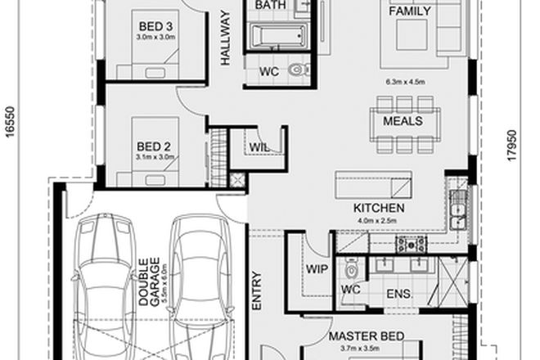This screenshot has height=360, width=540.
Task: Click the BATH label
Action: (270, 6)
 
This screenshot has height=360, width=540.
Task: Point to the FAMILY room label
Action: (410, 11)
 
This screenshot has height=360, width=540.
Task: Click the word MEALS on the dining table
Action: (403, 121)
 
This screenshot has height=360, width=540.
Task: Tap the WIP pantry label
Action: (316, 268)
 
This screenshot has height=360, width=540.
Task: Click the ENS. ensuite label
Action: (400, 293)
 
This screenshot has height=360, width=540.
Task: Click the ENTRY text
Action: (256, 290)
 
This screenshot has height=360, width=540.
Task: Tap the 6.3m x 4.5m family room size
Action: (407, 81)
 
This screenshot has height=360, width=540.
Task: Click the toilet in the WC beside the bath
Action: (299, 71)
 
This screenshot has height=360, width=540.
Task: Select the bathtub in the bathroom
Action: (276, 35)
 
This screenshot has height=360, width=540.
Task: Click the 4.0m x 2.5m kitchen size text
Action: (379, 219)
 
